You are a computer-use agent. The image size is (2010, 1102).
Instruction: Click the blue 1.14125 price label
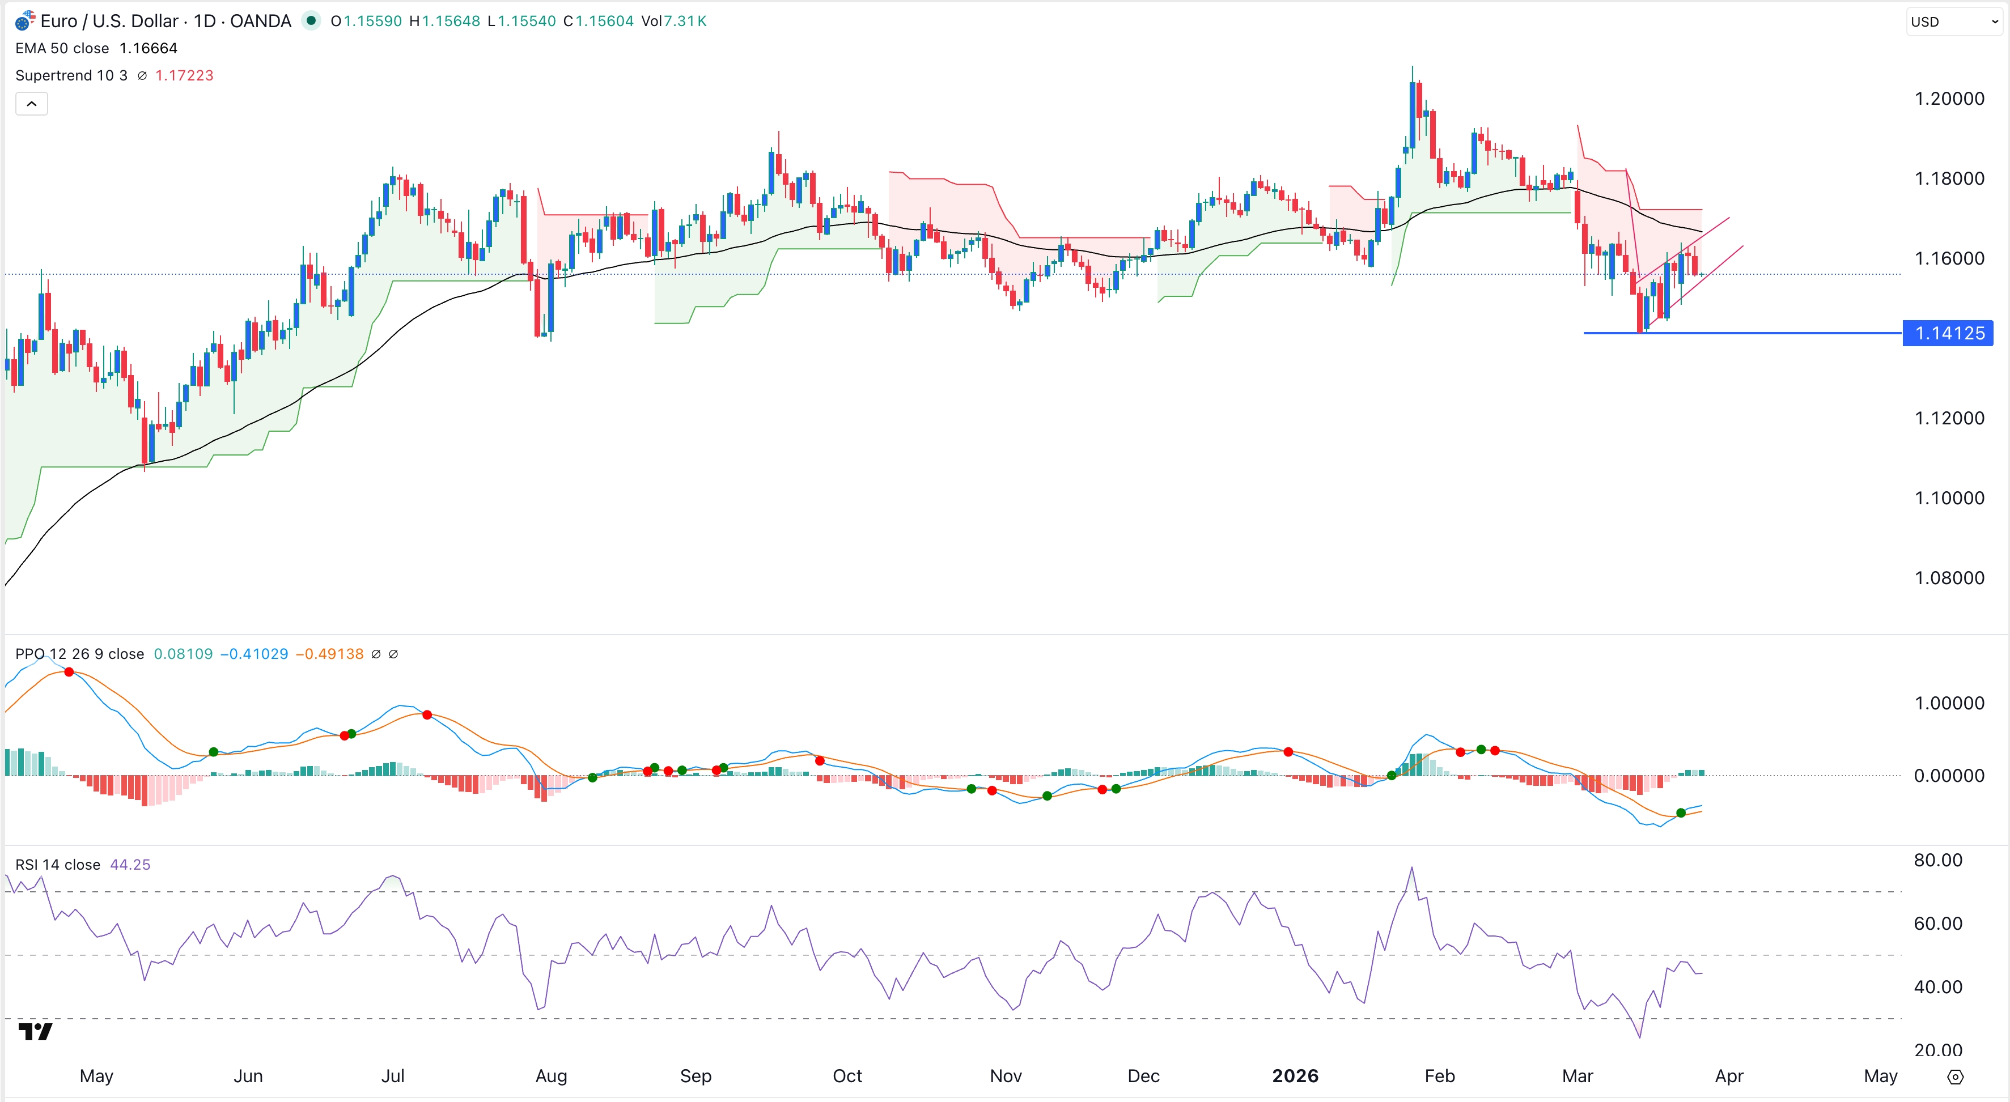click(x=1948, y=333)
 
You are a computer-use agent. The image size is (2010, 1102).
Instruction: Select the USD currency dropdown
click(x=1953, y=22)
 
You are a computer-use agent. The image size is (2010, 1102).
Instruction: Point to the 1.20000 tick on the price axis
click(x=1948, y=98)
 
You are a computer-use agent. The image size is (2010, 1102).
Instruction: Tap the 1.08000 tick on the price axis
click(x=1948, y=578)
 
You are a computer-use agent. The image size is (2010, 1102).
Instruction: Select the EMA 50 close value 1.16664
click(x=149, y=48)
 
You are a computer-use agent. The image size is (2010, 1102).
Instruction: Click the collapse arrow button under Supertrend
click(x=32, y=104)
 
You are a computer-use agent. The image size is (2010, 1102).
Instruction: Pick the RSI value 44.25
click(x=130, y=864)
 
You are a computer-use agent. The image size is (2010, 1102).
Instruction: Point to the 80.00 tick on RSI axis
click(x=1937, y=860)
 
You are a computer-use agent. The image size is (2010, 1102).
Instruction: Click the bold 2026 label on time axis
click(x=1295, y=1075)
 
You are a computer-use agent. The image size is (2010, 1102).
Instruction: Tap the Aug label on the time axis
click(x=551, y=1075)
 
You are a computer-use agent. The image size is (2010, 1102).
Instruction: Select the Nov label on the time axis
click(x=1005, y=1075)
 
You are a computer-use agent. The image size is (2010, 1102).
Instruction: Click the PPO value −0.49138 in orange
click(x=329, y=654)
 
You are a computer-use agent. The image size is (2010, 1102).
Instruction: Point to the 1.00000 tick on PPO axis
click(x=1948, y=703)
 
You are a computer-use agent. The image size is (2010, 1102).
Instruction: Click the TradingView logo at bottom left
click(x=35, y=1032)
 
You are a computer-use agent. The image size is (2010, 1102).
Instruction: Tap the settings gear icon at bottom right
click(x=1954, y=1077)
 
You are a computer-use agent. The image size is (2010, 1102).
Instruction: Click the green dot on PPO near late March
click(x=1681, y=812)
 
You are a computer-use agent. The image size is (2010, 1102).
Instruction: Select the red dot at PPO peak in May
click(x=70, y=671)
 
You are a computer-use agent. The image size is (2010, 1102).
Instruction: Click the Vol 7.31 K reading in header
click(x=673, y=21)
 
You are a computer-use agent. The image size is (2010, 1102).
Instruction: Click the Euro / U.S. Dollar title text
click(x=109, y=21)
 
